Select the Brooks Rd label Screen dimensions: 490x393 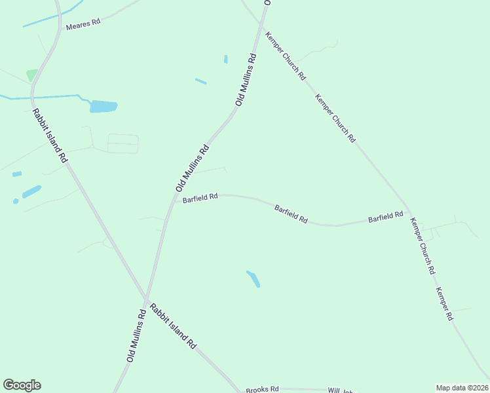pyautogui.click(x=262, y=389)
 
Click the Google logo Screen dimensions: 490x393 pyautogui.click(x=22, y=385)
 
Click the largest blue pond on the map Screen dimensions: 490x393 pyautogui.click(x=104, y=106)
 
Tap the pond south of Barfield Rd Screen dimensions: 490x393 pyautogui.click(x=253, y=278)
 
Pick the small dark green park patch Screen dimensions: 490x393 pyautogui.click(x=31, y=75)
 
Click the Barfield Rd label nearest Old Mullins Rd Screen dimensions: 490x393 pyautogui.click(x=200, y=198)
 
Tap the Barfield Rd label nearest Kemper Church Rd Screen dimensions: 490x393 pyautogui.click(x=385, y=217)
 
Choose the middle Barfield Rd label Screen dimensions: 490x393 pyautogui.click(x=291, y=214)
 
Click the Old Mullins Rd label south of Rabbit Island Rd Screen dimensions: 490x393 pyautogui.click(x=136, y=336)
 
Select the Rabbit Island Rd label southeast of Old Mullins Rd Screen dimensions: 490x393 pyautogui.click(x=172, y=326)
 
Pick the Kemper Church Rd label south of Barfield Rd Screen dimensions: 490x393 pyautogui.click(x=422, y=245)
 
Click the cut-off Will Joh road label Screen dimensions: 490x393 pyautogui.click(x=341, y=390)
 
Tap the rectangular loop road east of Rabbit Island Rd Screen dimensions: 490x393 pyautogui.click(x=122, y=143)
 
